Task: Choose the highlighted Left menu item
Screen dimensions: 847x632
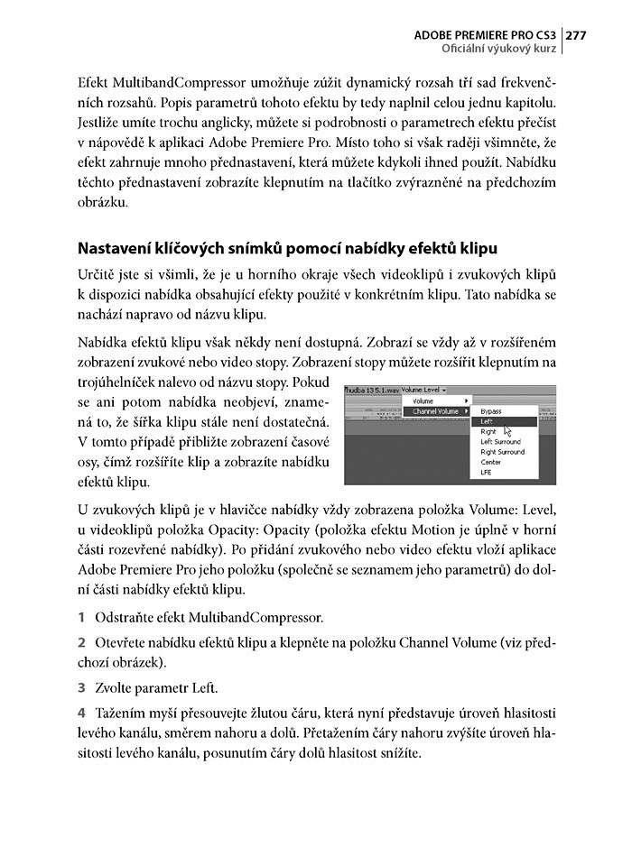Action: (487, 421)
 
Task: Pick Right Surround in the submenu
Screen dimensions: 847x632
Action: (503, 452)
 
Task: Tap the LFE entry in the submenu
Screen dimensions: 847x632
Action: (486, 472)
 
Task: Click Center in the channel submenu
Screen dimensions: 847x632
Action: (490, 462)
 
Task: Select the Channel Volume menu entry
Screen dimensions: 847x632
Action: (434, 411)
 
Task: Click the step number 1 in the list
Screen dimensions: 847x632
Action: (81, 618)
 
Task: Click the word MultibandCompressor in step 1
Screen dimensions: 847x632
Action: (255, 618)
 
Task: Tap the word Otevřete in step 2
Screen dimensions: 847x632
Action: (120, 643)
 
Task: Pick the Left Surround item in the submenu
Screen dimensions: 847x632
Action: (500, 442)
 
